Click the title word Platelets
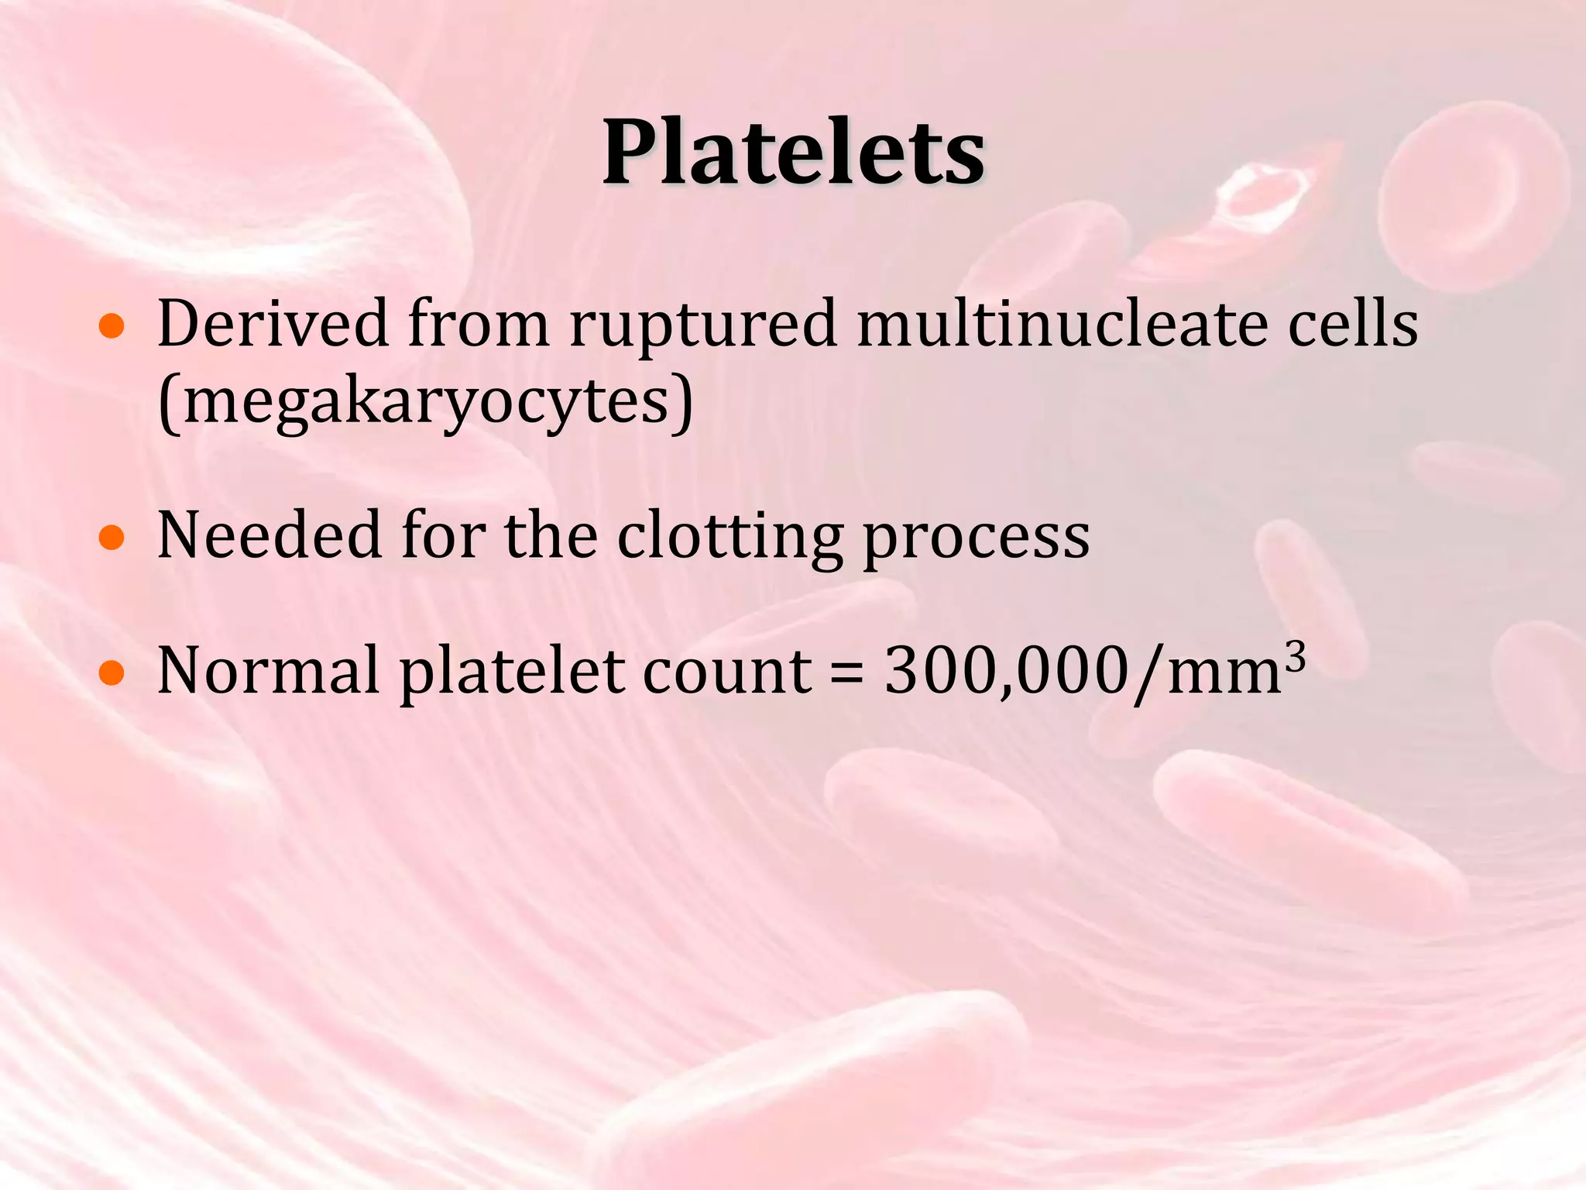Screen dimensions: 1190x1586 pyautogui.click(x=793, y=153)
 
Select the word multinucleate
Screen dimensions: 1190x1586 pyautogui.click(x=1062, y=323)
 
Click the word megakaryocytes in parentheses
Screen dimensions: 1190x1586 pyautogui.click(x=426, y=403)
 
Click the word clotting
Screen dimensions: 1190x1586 pyautogui.click(x=729, y=537)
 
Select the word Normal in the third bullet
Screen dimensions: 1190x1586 pyautogui.click(x=268, y=670)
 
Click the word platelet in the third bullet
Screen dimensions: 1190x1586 pyautogui.click(x=510, y=672)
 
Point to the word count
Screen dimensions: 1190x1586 pyautogui.click(x=727, y=672)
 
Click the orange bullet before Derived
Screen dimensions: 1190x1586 pyautogui.click(x=112, y=328)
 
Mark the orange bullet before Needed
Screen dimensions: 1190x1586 pyautogui.click(x=112, y=538)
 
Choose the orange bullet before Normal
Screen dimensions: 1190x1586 pyautogui.click(x=112, y=673)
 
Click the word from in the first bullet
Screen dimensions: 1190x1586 pyautogui.click(x=479, y=323)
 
